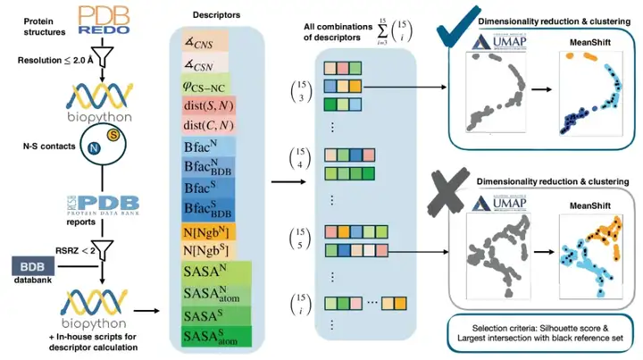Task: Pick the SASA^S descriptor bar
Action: [x=219, y=314]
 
